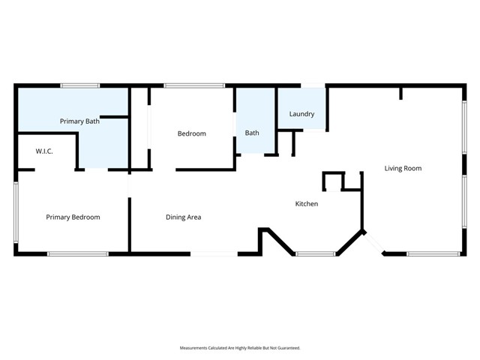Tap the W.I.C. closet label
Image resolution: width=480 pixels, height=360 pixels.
coord(44,151)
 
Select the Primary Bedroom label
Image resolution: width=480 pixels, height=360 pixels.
coord(73,217)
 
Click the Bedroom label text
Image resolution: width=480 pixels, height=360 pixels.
coord(191,133)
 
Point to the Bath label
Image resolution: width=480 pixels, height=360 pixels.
coord(252,133)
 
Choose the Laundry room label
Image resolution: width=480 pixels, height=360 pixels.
coord(301,114)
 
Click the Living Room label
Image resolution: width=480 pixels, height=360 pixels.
coord(403,169)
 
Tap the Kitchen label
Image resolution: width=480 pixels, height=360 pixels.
coord(306,204)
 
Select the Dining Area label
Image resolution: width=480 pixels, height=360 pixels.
coord(183,217)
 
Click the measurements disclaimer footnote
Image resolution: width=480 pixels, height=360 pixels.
coord(240,348)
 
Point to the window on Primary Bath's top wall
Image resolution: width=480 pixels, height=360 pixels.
coord(80,85)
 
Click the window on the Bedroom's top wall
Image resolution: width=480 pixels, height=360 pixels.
coord(194,85)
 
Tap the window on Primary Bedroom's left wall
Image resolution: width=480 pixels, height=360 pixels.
coord(15,211)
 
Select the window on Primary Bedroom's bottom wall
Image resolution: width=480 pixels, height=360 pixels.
coord(78,254)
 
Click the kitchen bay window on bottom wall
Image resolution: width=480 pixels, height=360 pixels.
coord(315,254)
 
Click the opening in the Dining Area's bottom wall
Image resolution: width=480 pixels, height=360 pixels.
coord(214,254)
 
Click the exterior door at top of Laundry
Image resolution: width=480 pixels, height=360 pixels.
coord(313,85)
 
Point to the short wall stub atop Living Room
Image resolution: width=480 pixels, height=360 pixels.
coord(401,93)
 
